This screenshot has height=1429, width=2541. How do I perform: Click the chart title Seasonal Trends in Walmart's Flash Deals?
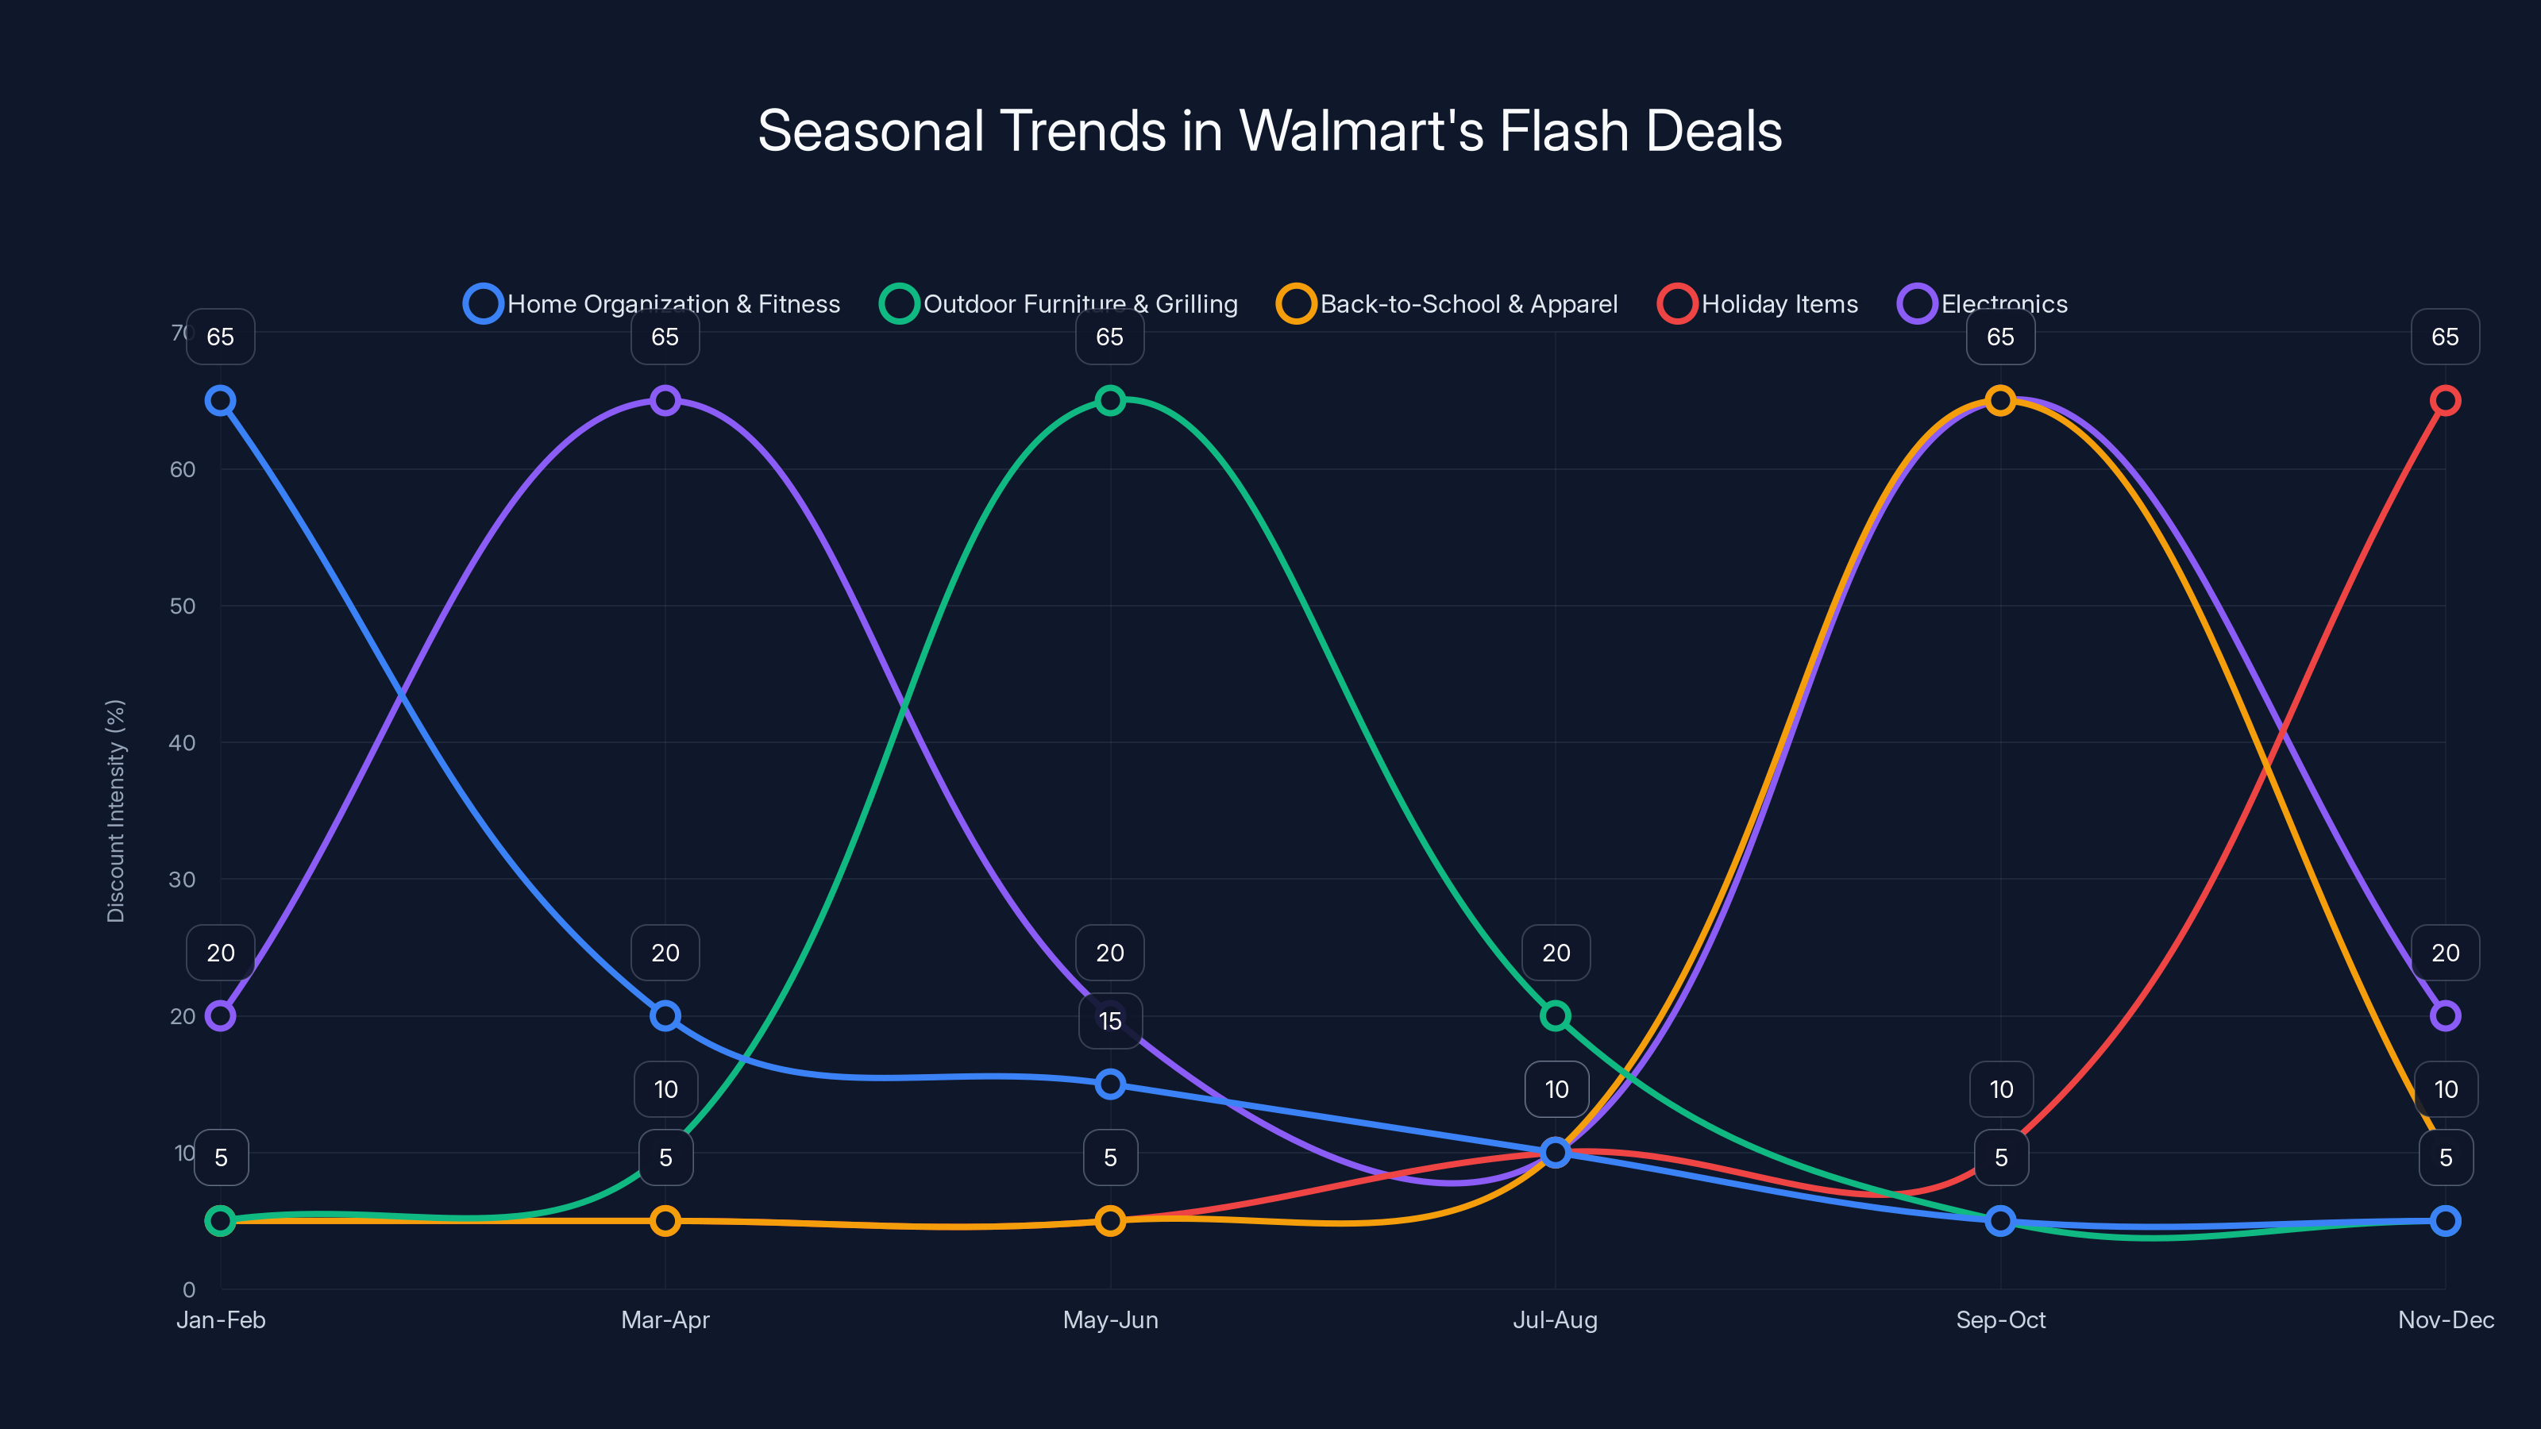pos(1270,131)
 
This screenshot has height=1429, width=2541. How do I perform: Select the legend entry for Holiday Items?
pos(1758,304)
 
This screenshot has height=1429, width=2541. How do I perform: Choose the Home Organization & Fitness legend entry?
pos(652,304)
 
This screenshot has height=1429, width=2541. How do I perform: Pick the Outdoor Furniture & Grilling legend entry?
pos(1058,304)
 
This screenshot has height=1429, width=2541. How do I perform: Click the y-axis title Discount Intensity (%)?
pos(117,811)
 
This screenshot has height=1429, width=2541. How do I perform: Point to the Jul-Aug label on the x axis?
pos(1555,1319)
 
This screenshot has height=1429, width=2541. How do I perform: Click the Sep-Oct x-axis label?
pos(1999,1319)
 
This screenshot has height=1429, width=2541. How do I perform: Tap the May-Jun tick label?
pos(1110,1319)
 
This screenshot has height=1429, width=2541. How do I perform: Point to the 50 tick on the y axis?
pos(183,606)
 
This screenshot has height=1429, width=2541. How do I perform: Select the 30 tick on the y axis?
pos(183,879)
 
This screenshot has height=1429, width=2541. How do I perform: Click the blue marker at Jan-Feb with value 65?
pos(220,400)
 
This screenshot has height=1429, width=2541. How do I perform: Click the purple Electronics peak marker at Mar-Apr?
pos(665,400)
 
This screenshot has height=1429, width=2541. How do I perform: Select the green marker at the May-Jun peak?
pos(1110,400)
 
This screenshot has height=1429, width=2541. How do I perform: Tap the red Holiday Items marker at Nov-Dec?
pos(2444,400)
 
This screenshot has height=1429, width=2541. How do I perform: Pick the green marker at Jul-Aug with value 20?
pos(1555,1016)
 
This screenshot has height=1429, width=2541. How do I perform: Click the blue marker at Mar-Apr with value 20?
pos(665,1016)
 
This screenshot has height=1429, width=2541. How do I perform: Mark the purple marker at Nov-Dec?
pos(2444,1016)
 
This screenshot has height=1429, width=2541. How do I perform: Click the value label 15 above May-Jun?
pos(1110,1021)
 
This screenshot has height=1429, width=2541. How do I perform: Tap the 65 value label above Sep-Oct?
pos(1999,337)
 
